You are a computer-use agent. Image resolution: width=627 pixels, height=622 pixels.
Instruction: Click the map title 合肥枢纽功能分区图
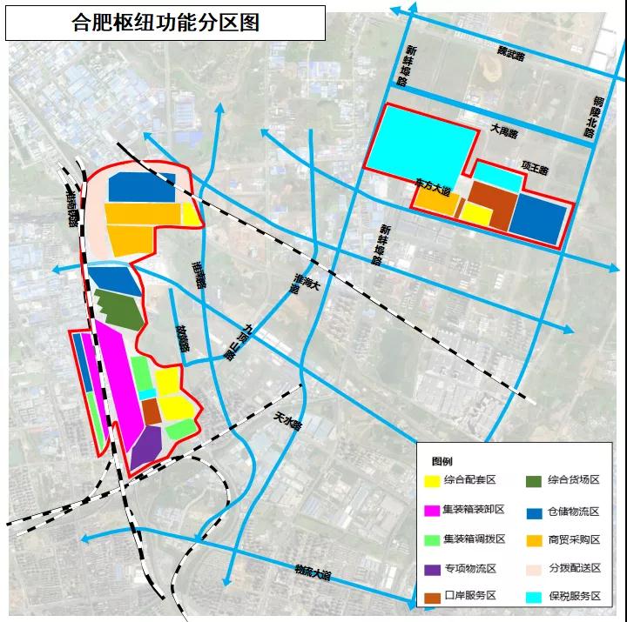pos(165,22)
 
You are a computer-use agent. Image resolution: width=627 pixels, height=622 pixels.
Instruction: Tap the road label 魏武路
pos(505,56)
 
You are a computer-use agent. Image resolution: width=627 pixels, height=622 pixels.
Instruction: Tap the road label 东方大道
pos(433,187)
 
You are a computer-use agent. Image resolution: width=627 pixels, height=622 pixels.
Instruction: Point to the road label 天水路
pos(287,420)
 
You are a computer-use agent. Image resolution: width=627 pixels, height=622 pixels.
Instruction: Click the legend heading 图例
pos(442,461)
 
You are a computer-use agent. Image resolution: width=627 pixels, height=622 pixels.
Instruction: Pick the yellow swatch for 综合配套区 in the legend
pos(431,480)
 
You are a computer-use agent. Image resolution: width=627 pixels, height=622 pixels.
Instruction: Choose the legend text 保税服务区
pos(574,596)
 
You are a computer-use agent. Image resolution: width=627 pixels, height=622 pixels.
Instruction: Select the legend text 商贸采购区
pos(574,539)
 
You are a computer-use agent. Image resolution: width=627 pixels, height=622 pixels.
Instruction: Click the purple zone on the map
pos(147,445)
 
